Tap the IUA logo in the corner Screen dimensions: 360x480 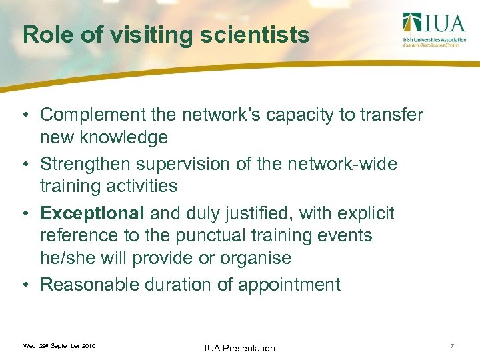(x=433, y=29)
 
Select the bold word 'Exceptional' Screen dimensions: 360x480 (x=92, y=213)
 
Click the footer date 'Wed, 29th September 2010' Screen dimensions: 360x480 (x=59, y=346)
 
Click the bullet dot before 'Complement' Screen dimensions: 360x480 (x=23, y=115)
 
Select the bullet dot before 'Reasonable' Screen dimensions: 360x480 (x=23, y=285)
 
